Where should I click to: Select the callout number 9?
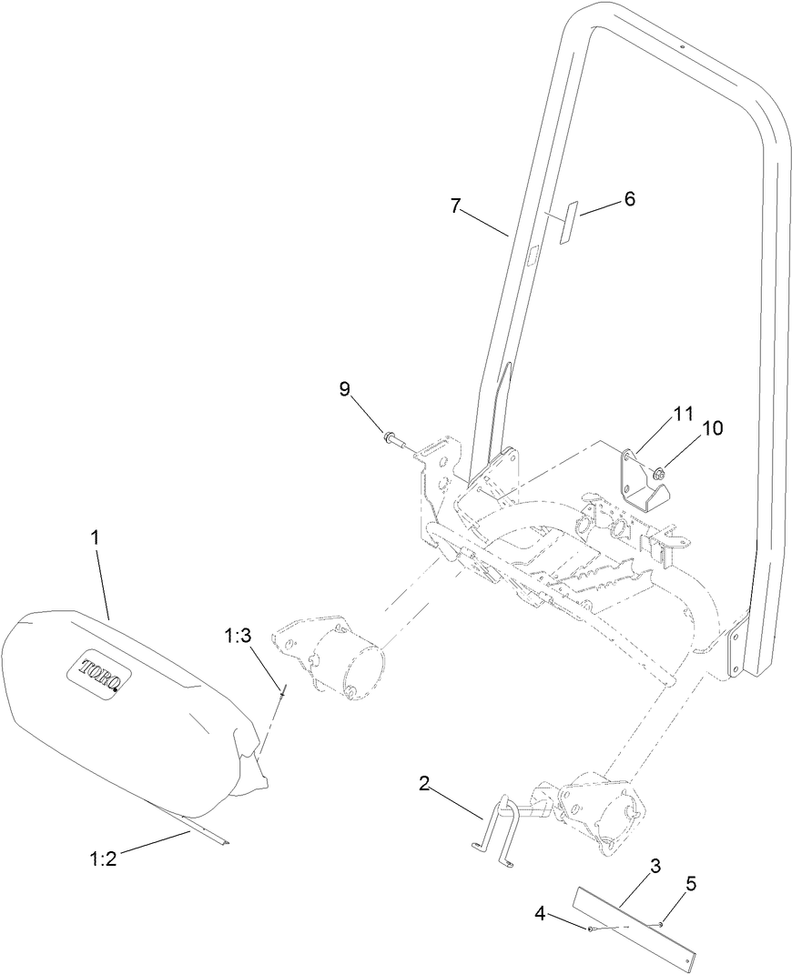point(344,388)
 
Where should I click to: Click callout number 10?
point(713,428)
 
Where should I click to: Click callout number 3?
point(655,867)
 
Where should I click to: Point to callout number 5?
point(690,881)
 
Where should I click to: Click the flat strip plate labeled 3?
point(637,923)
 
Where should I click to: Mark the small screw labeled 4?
point(593,929)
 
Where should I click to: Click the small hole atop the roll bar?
point(681,47)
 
